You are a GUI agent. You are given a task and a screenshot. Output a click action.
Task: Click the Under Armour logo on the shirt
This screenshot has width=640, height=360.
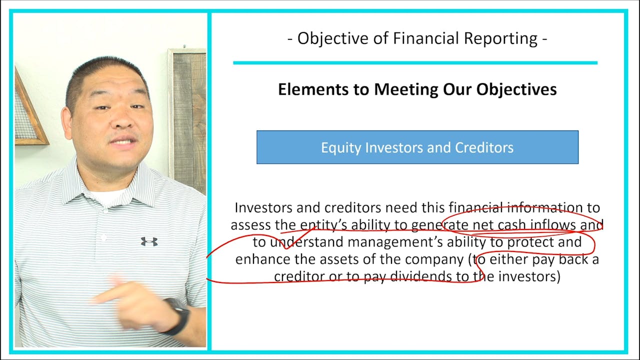coord(149,241)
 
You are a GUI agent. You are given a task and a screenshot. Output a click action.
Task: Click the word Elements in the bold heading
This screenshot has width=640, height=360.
coord(307,89)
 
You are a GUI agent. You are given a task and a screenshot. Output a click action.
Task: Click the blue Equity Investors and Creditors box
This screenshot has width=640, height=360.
coord(417,147)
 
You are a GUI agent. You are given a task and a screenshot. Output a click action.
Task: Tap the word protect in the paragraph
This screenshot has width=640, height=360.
coord(531,242)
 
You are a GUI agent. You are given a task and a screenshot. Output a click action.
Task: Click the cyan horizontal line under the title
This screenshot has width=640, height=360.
coord(415,63)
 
